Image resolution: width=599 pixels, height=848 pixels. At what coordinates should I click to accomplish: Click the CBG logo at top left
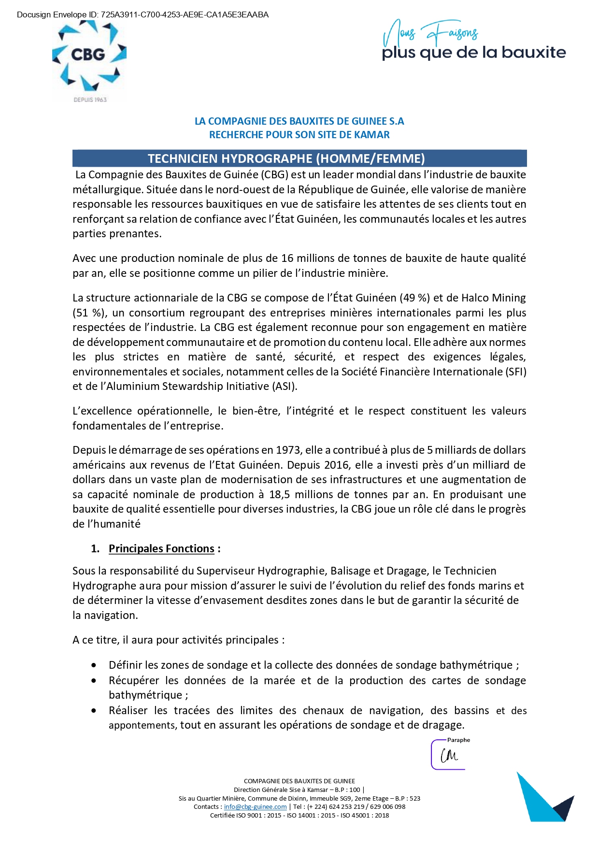[x=89, y=56]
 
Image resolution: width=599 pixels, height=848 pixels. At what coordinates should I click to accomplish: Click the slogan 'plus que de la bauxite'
[x=473, y=52]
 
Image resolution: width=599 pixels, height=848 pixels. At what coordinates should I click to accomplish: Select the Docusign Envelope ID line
[x=143, y=14]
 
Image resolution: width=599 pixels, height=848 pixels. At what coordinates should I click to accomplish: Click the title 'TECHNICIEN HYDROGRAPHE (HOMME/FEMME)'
[x=286, y=158]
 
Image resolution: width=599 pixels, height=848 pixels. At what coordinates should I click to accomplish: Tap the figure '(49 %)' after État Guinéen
[x=414, y=298]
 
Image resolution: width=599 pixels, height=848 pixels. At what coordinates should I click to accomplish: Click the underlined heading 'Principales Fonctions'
[x=161, y=548]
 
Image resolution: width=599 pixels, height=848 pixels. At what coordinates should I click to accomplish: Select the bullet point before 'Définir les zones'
[x=94, y=665]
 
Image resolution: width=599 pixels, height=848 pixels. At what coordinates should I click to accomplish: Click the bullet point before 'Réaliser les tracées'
[x=94, y=711]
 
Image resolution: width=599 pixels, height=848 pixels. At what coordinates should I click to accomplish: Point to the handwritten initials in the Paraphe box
[x=449, y=755]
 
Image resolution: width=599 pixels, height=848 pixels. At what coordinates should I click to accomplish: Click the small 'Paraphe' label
[x=458, y=740]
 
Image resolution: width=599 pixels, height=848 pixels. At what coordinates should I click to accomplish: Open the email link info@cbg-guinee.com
[x=255, y=806]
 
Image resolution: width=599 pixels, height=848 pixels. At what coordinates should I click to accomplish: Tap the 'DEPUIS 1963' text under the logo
[x=90, y=100]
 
